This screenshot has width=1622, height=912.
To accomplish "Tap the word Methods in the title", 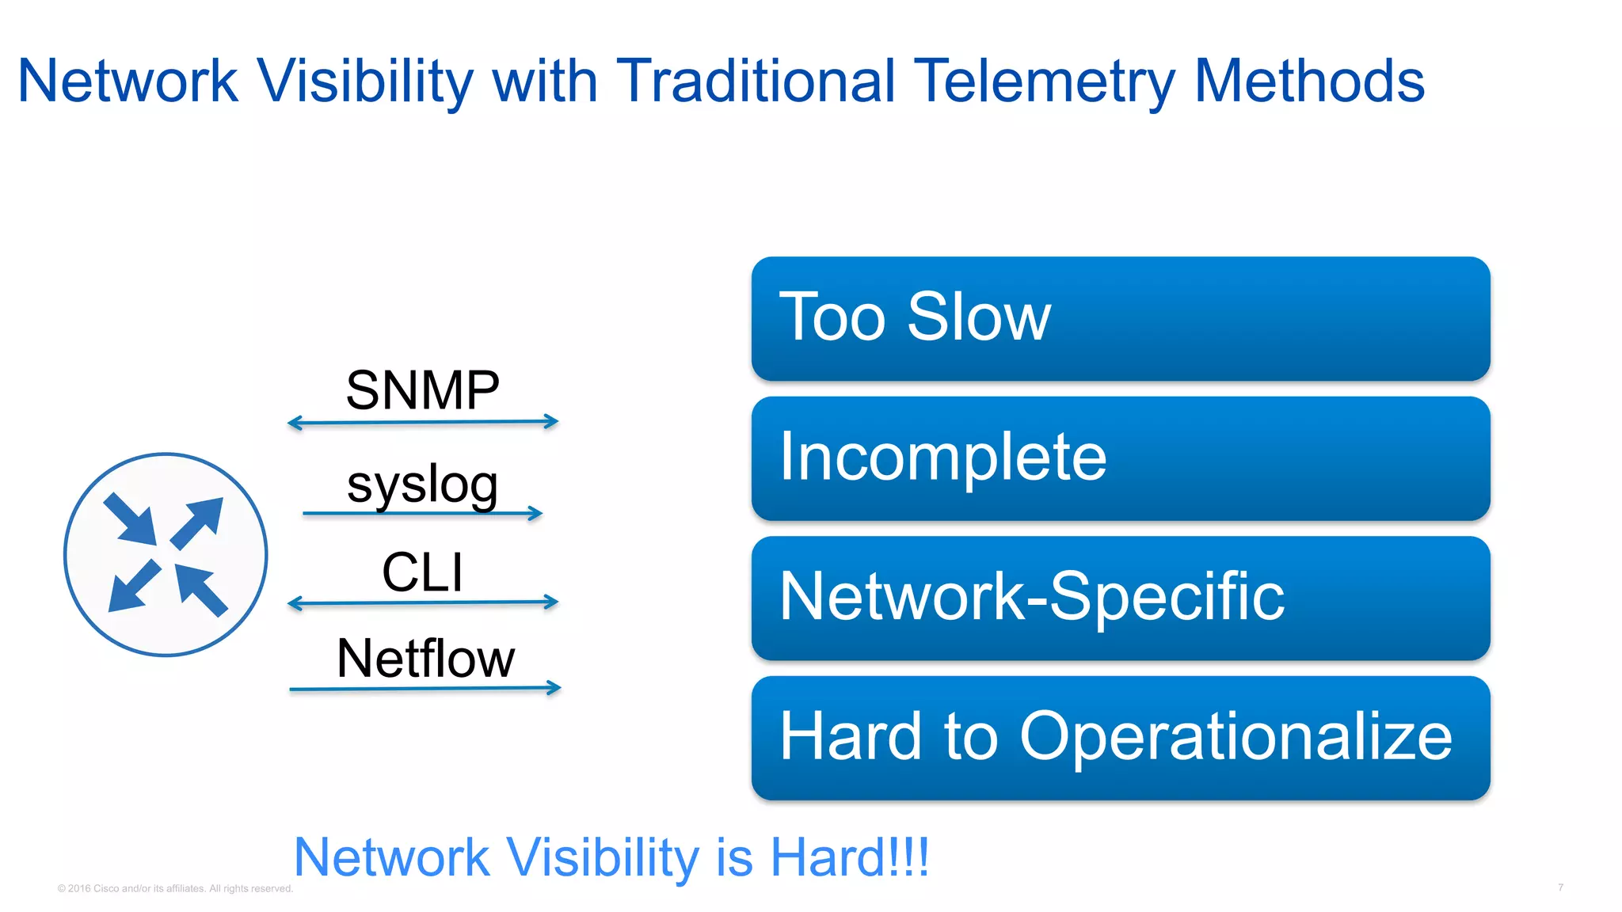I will click(x=1308, y=82).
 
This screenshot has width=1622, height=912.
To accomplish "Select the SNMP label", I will click(x=422, y=390).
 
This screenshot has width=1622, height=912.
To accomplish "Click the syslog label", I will click(x=422, y=484).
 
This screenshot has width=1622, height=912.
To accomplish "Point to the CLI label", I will click(x=422, y=572).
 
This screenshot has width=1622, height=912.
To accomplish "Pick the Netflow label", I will click(x=425, y=658).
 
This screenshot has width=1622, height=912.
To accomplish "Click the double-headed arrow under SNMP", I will click(x=423, y=423).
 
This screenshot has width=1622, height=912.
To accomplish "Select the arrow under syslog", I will click(x=422, y=514).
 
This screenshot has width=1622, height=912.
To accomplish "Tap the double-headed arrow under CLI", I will click(x=423, y=603).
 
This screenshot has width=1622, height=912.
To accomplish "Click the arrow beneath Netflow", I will click(x=425, y=689).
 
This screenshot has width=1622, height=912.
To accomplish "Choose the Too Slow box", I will click(x=1120, y=318).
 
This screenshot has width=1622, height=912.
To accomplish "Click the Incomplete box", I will click(x=1120, y=458).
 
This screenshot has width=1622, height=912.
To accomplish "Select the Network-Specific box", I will click(x=1120, y=598).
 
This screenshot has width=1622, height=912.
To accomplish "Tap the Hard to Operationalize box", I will click(x=1120, y=738).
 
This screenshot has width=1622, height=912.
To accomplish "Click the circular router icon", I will click(x=166, y=554).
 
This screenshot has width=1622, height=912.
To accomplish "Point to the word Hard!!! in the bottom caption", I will click(x=850, y=857).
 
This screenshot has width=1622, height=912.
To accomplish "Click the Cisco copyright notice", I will click(x=175, y=888).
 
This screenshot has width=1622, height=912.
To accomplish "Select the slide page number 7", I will click(x=1560, y=887).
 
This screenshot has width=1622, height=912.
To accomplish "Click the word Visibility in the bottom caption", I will click(x=602, y=857).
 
